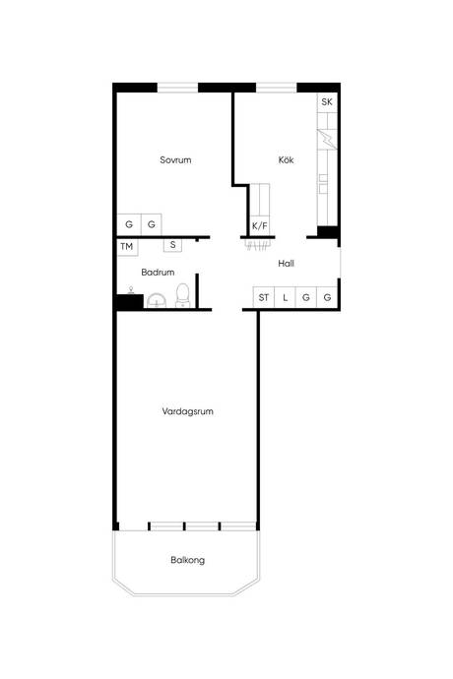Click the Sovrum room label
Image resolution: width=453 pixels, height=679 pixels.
point(175,159)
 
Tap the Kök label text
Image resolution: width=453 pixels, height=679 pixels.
point(286,159)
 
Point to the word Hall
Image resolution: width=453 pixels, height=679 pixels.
point(287,264)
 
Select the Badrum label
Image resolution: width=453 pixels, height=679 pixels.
point(158,273)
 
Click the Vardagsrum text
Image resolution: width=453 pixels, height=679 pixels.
point(188,411)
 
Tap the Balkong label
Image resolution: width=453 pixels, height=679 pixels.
point(188,560)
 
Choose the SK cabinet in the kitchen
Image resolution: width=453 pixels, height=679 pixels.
point(327,102)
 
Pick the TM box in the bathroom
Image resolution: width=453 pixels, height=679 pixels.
point(127,247)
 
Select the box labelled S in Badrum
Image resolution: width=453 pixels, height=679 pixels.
point(172,245)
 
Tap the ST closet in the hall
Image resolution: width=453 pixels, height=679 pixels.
point(264,297)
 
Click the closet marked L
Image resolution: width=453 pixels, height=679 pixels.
point(285,297)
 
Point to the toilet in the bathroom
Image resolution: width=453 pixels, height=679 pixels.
point(183,296)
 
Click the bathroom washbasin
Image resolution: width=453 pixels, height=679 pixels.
point(157,300)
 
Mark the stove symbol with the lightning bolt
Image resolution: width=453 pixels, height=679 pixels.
point(327,140)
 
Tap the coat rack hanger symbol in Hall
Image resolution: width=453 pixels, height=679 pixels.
point(258,244)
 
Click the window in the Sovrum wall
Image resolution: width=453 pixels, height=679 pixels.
point(177,88)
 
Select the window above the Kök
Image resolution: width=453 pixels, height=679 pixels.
point(276,88)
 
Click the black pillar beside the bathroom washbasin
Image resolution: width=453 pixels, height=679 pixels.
point(129,301)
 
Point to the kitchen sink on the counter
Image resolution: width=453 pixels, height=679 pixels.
point(323,184)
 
